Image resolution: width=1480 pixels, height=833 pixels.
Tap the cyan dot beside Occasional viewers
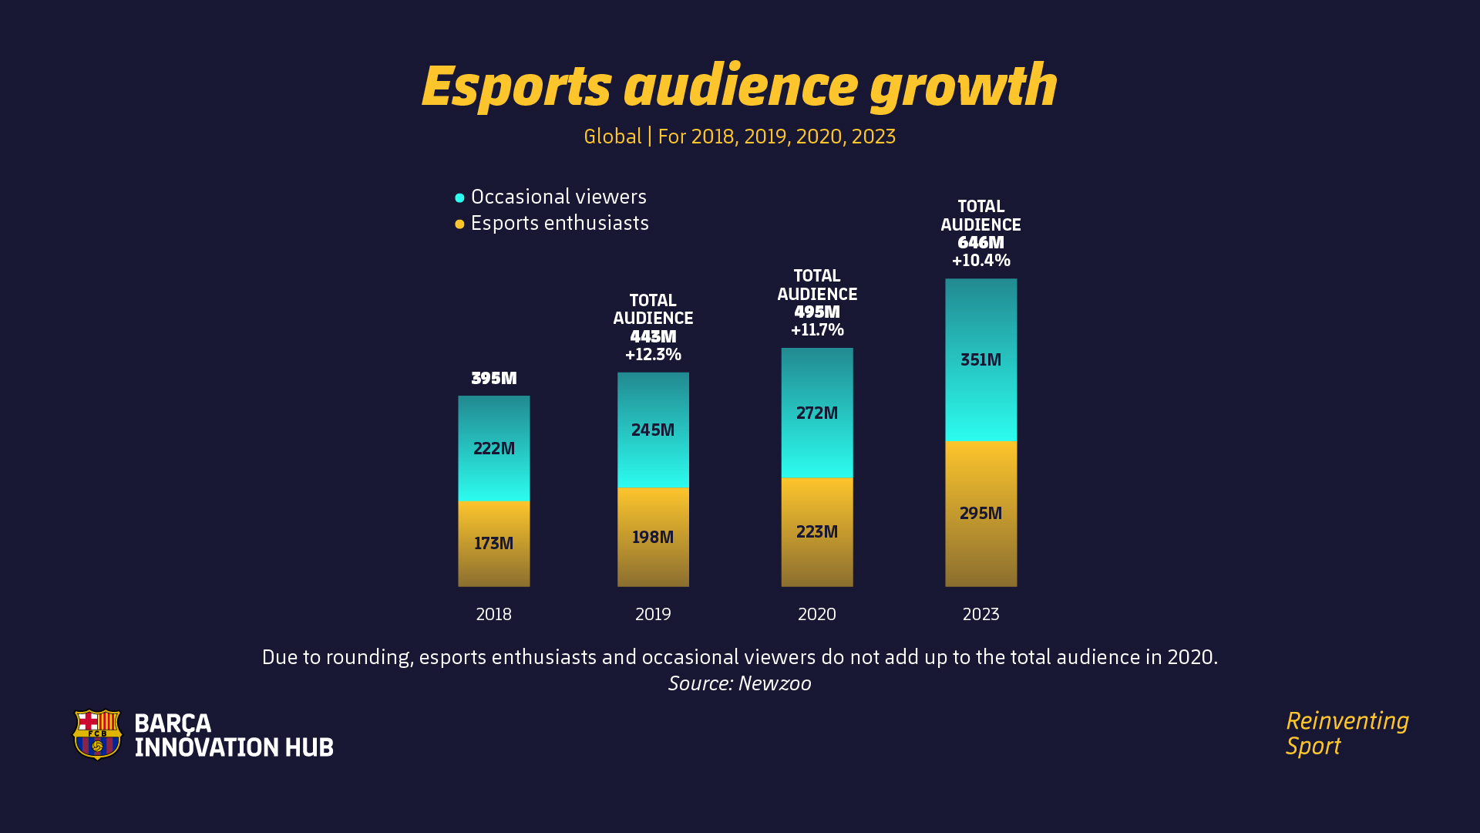[459, 198]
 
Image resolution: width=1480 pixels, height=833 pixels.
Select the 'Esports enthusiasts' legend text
[560, 223]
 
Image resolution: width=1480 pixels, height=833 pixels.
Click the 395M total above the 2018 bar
[493, 378]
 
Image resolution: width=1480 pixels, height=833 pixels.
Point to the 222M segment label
[493, 448]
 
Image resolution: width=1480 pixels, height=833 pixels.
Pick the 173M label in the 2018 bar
[493, 543]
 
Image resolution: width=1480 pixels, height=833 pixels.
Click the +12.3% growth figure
[653, 355]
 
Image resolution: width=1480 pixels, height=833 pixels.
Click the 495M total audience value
[817, 312]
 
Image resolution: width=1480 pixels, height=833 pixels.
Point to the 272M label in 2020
[817, 413]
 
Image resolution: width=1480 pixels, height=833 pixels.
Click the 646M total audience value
[980, 242]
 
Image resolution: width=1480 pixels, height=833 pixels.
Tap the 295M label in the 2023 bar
[980, 513]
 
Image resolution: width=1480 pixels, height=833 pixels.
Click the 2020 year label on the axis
[817, 614]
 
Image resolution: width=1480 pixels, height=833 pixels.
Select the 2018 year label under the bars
[493, 614]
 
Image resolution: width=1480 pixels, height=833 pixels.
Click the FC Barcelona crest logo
[97, 734]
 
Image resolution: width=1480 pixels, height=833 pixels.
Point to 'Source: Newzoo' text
[739, 683]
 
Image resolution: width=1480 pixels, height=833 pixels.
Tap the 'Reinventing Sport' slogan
[1346, 733]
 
